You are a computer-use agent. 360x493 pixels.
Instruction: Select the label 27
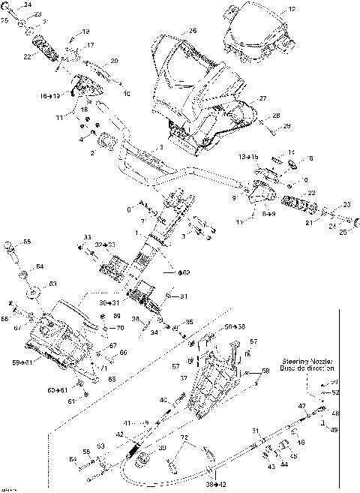click(x=263, y=98)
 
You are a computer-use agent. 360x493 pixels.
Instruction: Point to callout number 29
click(x=286, y=128)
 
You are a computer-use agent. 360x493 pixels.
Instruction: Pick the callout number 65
click(x=28, y=242)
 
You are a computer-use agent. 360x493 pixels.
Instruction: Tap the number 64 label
click(x=40, y=266)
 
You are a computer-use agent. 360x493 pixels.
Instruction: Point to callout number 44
click(x=283, y=464)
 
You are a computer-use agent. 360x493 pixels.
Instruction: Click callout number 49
click(x=335, y=430)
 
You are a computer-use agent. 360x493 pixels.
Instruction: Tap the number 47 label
click(x=302, y=406)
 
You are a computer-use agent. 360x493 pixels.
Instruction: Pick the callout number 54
click(x=73, y=458)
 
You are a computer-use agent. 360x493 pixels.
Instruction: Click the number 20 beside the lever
click(x=114, y=60)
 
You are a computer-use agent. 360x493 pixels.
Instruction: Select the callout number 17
click(x=91, y=46)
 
